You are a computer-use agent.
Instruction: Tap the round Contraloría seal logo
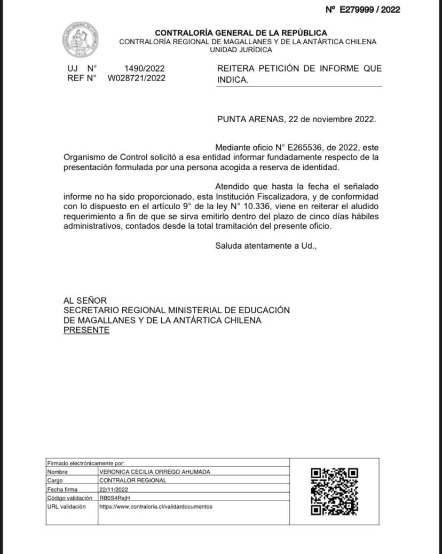click(x=80, y=39)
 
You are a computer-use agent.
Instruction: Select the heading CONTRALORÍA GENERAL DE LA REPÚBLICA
click(x=241, y=33)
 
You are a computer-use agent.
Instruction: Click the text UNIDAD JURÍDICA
click(x=241, y=50)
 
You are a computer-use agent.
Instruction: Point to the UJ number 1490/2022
click(x=144, y=68)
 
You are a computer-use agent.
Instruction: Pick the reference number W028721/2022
click(x=137, y=78)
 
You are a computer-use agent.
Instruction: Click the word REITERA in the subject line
click(x=235, y=69)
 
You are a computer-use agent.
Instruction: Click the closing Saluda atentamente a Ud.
click(x=266, y=246)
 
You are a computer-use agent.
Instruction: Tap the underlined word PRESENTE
click(x=86, y=330)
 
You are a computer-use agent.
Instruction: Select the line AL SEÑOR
click(x=85, y=300)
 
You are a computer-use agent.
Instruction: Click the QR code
click(x=334, y=492)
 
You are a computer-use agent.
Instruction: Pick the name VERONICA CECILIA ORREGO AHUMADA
click(x=155, y=472)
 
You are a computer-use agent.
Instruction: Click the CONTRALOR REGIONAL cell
click(x=133, y=480)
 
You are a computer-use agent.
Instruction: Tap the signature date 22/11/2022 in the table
click(x=114, y=489)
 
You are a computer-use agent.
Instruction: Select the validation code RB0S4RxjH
click(x=115, y=498)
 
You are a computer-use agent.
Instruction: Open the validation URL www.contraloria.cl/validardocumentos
click(x=156, y=506)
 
